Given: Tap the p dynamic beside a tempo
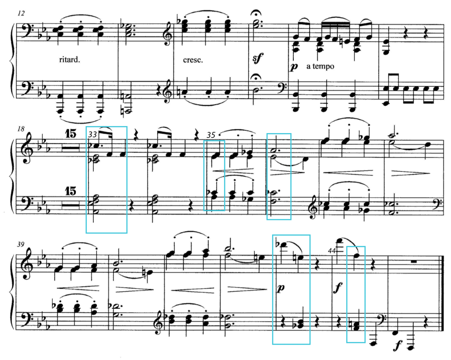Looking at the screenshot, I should [293, 66].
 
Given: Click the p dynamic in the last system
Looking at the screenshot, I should [281, 287].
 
